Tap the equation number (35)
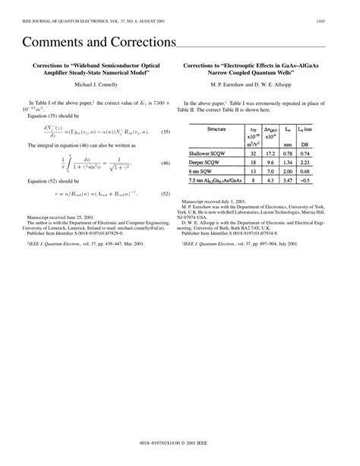pos(164,132)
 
